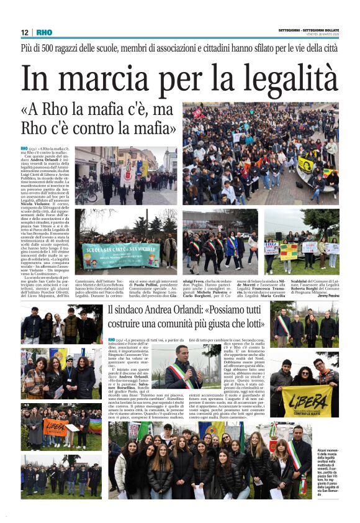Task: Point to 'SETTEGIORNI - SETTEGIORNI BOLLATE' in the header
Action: [308, 31]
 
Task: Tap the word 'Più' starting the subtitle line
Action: [28, 48]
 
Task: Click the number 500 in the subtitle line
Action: [55, 48]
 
